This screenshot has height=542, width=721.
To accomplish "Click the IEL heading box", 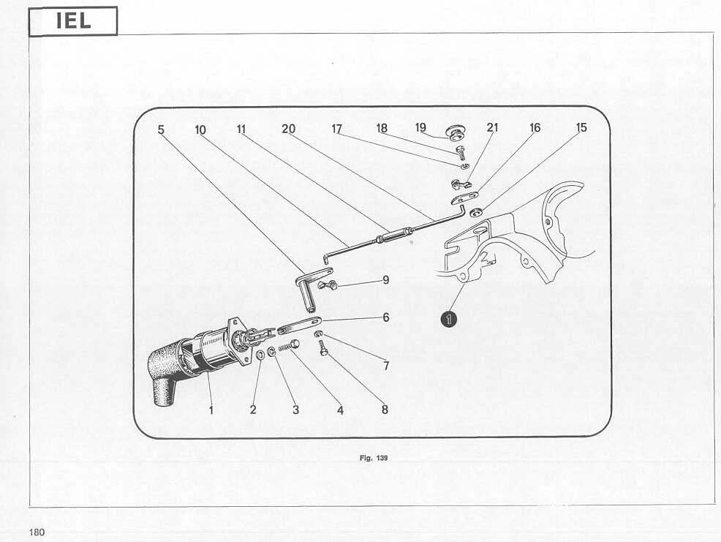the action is (73, 21).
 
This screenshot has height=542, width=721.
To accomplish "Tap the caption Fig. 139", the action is (374, 459).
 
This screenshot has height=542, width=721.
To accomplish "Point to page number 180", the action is (37, 532).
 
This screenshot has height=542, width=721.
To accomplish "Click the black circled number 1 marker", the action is (448, 319).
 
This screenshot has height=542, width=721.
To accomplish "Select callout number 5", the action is (161, 129).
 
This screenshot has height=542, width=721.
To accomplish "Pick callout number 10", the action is (200, 129).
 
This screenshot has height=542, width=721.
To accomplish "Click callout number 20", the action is (288, 129).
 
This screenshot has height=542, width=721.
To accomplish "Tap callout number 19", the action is (420, 127).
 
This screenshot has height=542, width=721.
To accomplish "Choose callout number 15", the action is (581, 127).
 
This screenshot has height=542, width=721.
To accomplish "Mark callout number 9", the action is (385, 280).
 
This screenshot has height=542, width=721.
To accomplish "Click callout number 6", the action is (385, 317).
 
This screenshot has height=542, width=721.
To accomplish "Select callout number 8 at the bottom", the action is (385, 410).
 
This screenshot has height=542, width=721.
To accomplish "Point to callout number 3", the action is (295, 410).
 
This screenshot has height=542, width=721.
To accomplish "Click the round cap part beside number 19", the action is (456, 132).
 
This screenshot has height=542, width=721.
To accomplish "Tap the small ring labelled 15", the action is (475, 212).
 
